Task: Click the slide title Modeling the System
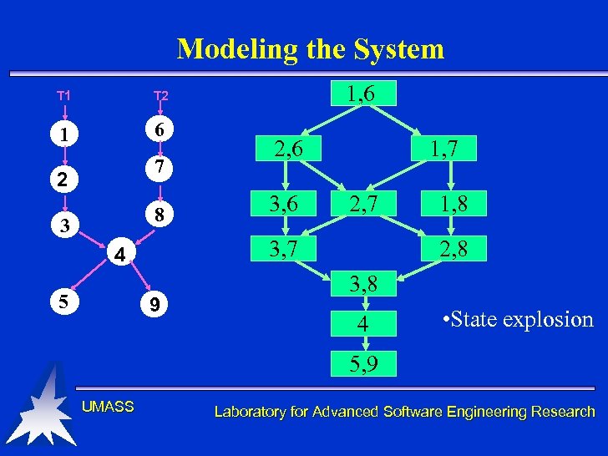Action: (x=310, y=49)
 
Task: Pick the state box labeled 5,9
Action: (x=362, y=362)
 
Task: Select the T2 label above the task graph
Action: (x=160, y=96)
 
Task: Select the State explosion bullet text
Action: (x=516, y=319)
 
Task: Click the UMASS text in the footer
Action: (x=108, y=407)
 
